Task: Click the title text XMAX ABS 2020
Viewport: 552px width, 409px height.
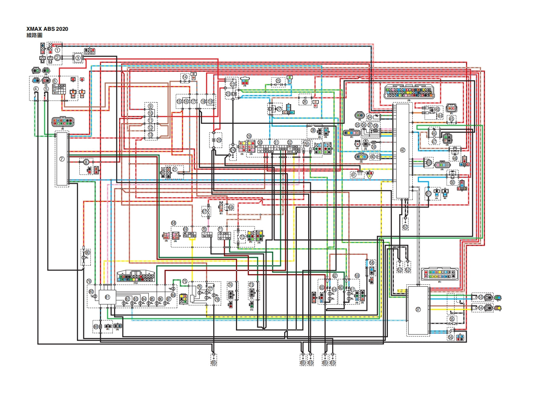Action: click(x=47, y=29)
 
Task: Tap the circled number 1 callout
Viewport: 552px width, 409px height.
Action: click(x=58, y=50)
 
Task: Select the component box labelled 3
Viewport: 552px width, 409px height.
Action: click(x=78, y=58)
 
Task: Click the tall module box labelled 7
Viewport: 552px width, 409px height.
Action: click(x=62, y=159)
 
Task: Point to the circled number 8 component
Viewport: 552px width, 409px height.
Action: click(x=86, y=162)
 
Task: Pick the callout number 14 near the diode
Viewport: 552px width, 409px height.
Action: click(x=185, y=77)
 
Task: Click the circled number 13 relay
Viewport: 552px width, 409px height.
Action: click(x=150, y=134)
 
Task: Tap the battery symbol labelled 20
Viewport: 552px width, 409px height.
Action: click(x=219, y=140)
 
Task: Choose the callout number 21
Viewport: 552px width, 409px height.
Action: click(x=175, y=170)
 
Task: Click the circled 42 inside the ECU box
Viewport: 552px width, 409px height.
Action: click(x=402, y=150)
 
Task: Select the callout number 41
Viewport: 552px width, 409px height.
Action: click(x=354, y=175)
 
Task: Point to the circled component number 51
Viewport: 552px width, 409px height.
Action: click(x=429, y=193)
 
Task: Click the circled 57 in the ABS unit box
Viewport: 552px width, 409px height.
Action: click(x=418, y=310)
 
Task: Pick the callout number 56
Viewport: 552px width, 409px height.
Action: click(x=451, y=337)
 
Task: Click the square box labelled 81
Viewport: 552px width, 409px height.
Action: click(x=107, y=297)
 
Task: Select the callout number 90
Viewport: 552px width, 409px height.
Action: click(x=87, y=252)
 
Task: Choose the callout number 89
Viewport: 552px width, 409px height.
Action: click(x=96, y=327)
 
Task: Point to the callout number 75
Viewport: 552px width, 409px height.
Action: click(x=185, y=281)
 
